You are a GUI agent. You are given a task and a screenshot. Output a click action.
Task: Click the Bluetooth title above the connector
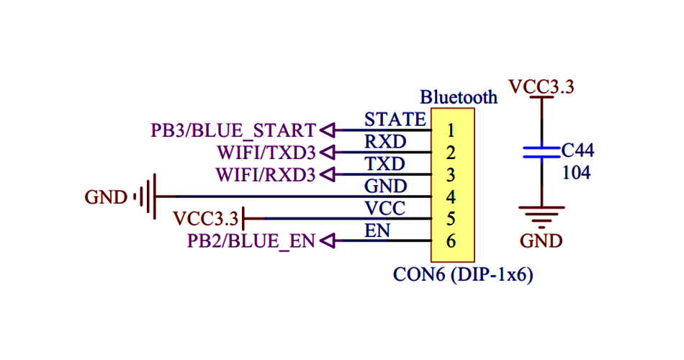(459, 97)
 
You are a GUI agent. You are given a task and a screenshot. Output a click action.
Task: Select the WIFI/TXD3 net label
(266, 153)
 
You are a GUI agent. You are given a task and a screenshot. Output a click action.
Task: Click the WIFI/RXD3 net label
(266, 175)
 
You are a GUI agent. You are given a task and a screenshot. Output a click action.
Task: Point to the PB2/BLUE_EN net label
(251, 241)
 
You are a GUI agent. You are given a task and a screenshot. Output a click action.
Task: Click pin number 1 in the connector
(451, 131)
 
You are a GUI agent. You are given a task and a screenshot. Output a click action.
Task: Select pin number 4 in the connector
(451, 197)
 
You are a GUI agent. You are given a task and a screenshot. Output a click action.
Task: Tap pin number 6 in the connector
(451, 241)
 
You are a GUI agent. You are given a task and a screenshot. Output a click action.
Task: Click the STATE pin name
(395, 119)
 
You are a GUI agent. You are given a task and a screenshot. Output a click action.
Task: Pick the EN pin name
(377, 231)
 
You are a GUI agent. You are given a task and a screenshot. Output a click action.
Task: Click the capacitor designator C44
(577, 151)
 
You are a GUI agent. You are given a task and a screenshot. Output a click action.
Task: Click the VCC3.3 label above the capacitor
(541, 87)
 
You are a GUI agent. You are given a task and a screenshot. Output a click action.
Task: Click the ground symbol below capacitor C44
(541, 214)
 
